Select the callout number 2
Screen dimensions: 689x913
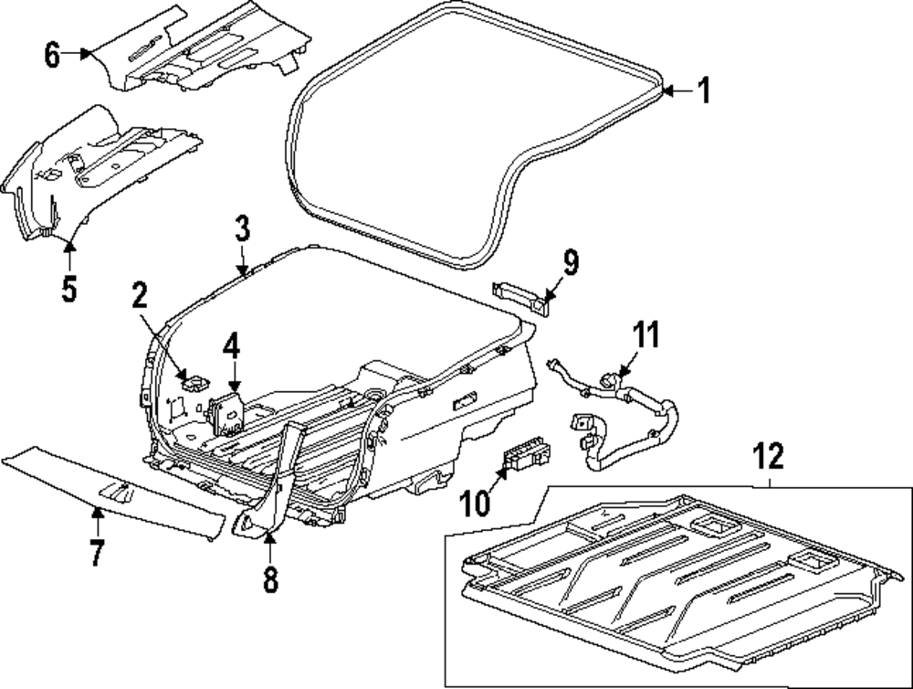coord(139,295)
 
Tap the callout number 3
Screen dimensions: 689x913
coord(241,228)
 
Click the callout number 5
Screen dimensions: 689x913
coord(69,289)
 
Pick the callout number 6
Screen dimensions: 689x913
coord(52,56)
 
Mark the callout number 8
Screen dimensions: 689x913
coord(269,578)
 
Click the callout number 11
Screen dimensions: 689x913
coord(646,334)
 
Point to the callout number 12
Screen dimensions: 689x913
coord(769,454)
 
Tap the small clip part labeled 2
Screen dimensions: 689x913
coord(194,378)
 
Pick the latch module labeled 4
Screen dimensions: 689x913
coord(228,412)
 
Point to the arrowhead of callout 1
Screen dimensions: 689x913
coord(665,90)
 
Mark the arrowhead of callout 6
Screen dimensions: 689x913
coord(90,54)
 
